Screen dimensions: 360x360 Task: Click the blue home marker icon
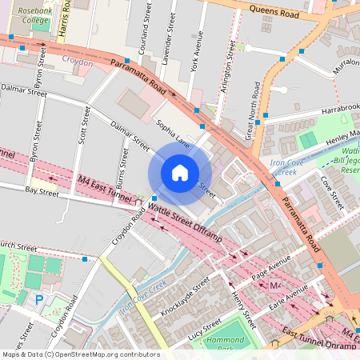tap(180, 172)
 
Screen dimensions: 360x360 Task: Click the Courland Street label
tap(147, 24)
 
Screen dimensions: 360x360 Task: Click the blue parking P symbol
tap(39, 300)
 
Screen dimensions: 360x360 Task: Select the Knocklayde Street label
tap(184, 295)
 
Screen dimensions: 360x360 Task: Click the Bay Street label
tap(42, 191)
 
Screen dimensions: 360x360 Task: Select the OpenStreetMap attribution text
tap(80, 354)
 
